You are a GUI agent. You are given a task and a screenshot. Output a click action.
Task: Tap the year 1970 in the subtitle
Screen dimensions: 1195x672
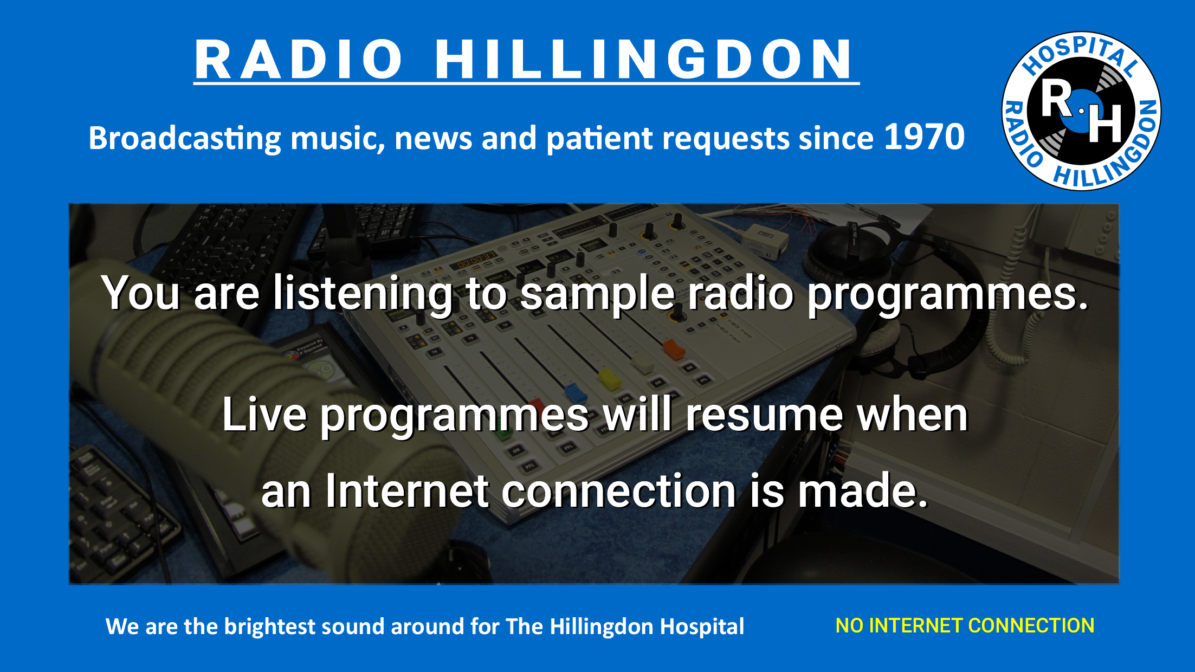[x=925, y=137]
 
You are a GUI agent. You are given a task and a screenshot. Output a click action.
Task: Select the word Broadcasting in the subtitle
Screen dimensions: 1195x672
[x=184, y=138]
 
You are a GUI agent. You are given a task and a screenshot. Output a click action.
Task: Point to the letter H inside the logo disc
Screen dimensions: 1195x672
[x=1105, y=123]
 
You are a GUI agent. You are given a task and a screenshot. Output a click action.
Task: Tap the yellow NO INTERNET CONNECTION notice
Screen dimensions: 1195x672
[x=965, y=626]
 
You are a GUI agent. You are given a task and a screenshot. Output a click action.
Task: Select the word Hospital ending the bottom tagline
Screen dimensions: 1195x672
[x=702, y=627]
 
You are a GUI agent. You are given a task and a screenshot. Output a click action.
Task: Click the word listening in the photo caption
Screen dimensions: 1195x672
[x=362, y=294]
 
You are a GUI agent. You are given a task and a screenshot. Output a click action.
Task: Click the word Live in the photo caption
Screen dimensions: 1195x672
[x=264, y=415]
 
